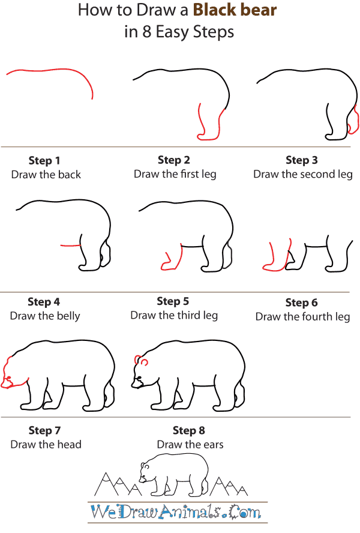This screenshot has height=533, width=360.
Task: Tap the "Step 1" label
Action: click(x=44, y=160)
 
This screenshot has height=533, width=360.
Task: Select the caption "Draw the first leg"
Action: click(x=175, y=174)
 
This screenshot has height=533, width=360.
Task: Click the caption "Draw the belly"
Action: click(x=45, y=316)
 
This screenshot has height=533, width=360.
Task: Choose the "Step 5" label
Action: click(x=173, y=301)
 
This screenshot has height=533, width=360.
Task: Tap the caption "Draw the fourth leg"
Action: click(x=302, y=316)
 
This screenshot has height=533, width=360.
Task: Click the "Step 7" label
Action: click(x=44, y=430)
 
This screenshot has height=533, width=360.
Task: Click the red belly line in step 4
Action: click(x=71, y=245)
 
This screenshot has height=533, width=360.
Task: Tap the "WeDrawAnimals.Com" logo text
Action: click(x=176, y=512)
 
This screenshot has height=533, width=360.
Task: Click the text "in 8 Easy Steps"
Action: click(x=179, y=32)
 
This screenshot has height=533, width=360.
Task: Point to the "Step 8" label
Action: click(x=188, y=430)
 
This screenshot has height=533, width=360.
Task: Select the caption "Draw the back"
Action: click(x=46, y=175)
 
